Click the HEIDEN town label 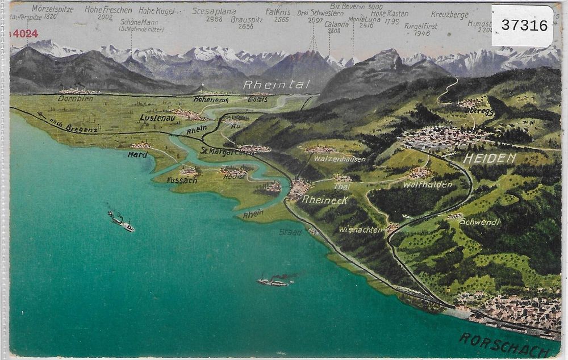pyautogui.click(x=490, y=158)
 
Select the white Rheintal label pyautogui.click(x=277, y=85)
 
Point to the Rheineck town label pyautogui.click(x=325, y=200)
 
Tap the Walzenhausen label pyautogui.click(x=340, y=159)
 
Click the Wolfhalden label pyautogui.click(x=428, y=185)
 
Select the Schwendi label pyautogui.click(x=480, y=222)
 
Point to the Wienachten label pyautogui.click(x=361, y=229)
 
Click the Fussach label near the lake pyautogui.click(x=181, y=180)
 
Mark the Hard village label pyautogui.click(x=137, y=154)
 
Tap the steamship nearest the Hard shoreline pyautogui.click(x=121, y=221)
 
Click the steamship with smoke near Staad pyautogui.click(x=273, y=281)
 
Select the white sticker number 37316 pyautogui.click(x=524, y=26)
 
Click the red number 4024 pyautogui.click(x=24, y=34)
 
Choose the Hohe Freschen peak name pyautogui.click(x=108, y=10)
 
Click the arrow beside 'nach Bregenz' pyautogui.click(x=41, y=115)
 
